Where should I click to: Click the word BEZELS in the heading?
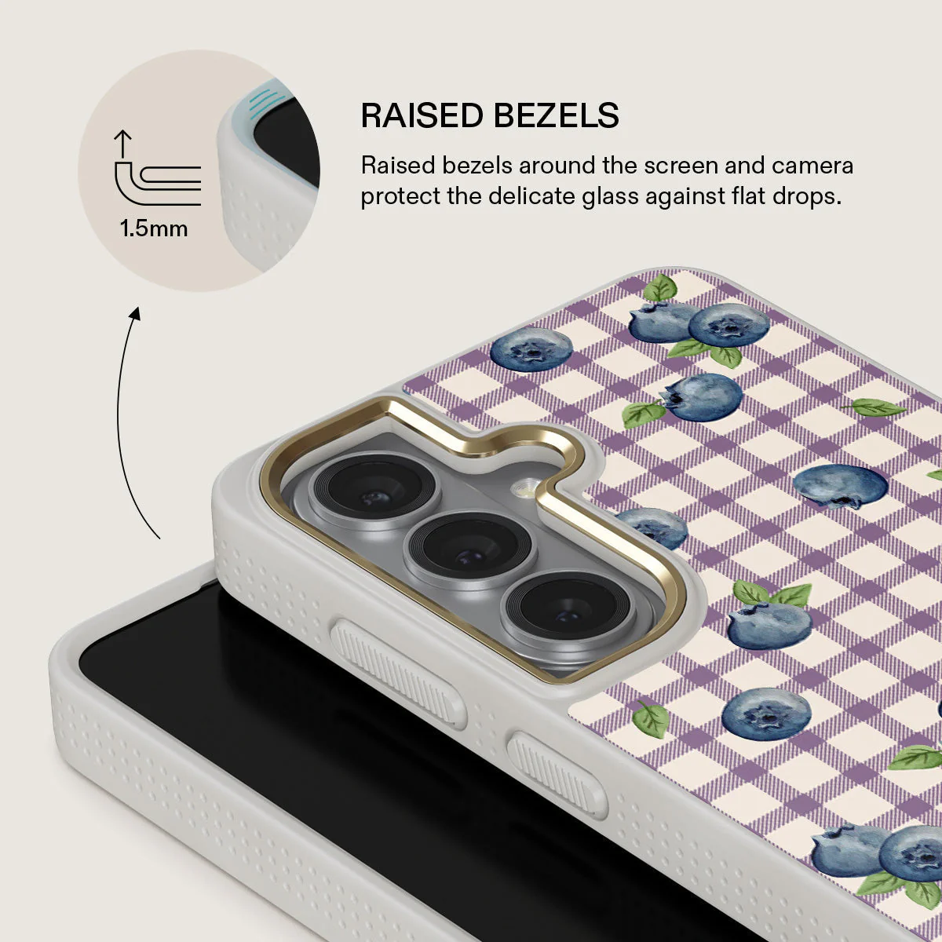[557, 116]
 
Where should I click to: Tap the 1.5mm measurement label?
[154, 228]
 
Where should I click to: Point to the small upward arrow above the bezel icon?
[122, 143]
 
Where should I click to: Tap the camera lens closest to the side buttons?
[567, 608]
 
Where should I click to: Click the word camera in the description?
[812, 166]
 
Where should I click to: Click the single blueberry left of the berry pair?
[531, 349]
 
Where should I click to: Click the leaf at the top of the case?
[660, 287]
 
